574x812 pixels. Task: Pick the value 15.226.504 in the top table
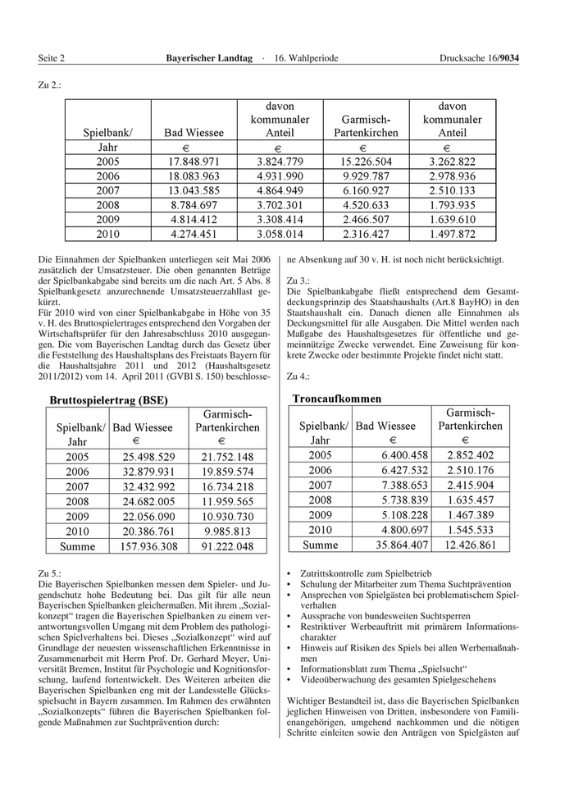(365, 162)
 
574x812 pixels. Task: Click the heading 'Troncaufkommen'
(337, 399)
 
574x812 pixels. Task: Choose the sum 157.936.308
(148, 546)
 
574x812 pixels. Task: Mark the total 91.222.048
(226, 546)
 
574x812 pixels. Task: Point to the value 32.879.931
(148, 471)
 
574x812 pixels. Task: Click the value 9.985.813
(226, 531)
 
